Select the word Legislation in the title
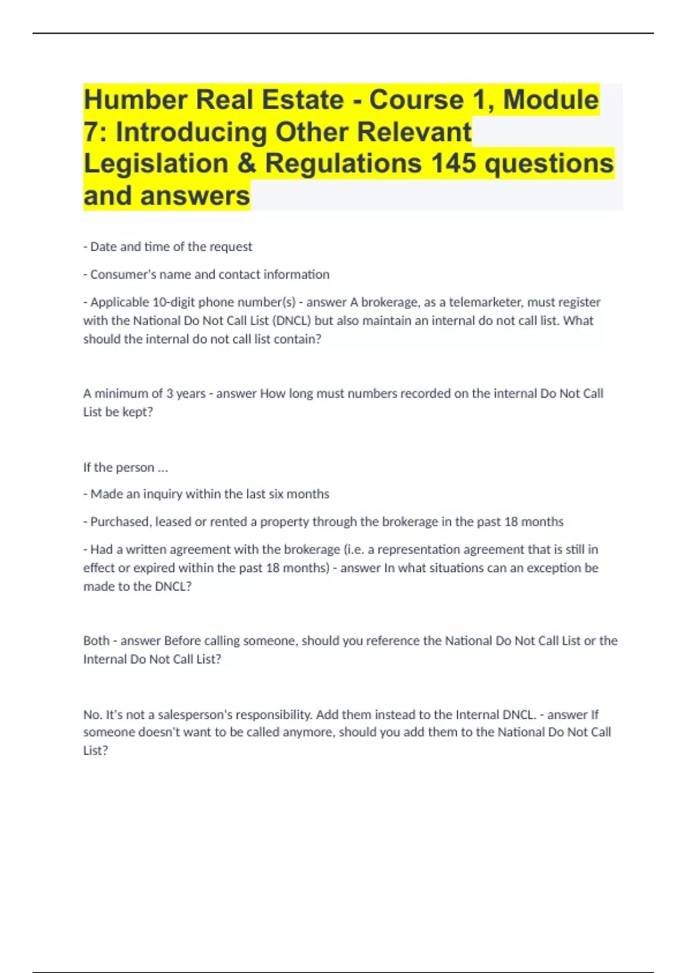point(156,164)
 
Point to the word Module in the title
point(551,100)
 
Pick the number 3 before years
point(169,394)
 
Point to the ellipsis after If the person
point(163,468)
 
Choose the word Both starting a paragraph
point(96,641)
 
